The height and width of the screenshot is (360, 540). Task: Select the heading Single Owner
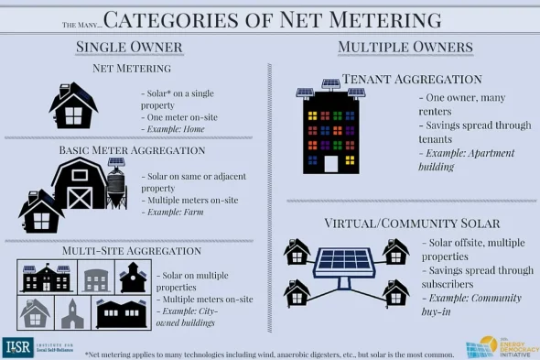129,47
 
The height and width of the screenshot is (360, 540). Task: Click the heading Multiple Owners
405,47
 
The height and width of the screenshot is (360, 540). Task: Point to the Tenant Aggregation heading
412,80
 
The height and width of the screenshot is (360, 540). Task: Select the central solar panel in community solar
344,264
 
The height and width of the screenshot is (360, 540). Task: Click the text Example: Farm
177,213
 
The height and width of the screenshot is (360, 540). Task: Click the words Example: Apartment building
467,160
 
